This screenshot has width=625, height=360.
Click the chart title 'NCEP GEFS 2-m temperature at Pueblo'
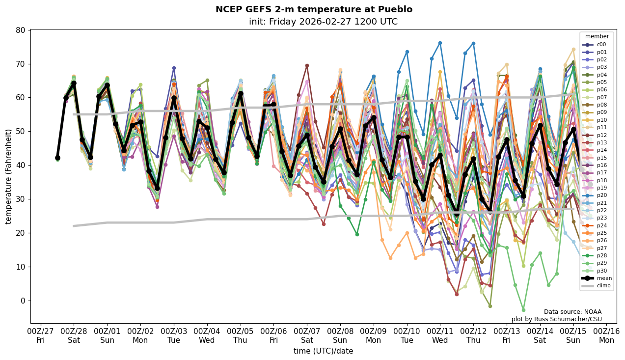pyautogui.click(x=314, y=9)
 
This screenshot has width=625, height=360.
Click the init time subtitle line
pyautogui.click(x=323, y=22)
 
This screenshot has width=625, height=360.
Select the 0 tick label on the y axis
pyautogui.click(x=22, y=301)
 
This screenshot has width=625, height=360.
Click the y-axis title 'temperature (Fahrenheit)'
pyautogui.click(x=8, y=176)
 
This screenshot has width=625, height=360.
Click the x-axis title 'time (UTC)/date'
pyautogui.click(x=323, y=351)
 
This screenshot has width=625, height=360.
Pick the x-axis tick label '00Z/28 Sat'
pyautogui.click(x=74, y=335)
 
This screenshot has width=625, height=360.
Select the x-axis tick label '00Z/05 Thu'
pyautogui.click(x=240, y=335)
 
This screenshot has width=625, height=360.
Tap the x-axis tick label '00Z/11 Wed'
pyautogui.click(x=440, y=335)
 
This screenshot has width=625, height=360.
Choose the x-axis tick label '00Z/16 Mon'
pyautogui.click(x=606, y=335)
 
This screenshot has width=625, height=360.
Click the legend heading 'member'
pyautogui.click(x=597, y=36)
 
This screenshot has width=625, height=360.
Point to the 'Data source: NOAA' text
pyautogui.click(x=572, y=312)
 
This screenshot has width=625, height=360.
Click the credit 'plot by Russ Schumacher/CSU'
pyautogui.click(x=556, y=319)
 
